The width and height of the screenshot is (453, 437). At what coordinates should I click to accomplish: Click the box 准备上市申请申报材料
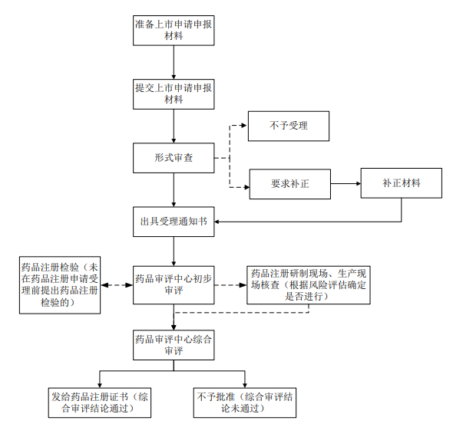(174, 31)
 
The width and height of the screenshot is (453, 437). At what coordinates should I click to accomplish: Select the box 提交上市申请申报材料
(174, 94)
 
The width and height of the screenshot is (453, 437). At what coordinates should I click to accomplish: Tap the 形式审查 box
(174, 158)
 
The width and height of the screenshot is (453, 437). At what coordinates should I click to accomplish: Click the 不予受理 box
(289, 126)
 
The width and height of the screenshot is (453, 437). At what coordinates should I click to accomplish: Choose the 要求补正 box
(290, 184)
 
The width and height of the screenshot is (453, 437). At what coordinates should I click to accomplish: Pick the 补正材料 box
(402, 183)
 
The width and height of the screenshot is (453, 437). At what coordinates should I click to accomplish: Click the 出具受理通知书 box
(174, 222)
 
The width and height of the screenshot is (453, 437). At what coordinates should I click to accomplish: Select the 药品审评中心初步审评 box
(174, 285)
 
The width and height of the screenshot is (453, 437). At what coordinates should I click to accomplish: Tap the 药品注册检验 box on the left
(60, 285)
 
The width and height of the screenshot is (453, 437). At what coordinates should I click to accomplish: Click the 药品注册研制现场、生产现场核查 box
(309, 285)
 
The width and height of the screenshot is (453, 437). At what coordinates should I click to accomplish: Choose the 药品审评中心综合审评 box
(174, 345)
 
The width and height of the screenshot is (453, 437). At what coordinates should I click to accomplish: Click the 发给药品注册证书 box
(100, 402)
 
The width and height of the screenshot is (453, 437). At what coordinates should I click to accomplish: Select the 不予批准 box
(245, 402)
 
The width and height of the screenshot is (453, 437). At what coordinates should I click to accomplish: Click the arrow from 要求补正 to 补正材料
(346, 183)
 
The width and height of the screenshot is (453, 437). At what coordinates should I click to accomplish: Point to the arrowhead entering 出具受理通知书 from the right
(217, 222)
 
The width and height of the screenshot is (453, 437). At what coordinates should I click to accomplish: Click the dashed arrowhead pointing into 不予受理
(244, 126)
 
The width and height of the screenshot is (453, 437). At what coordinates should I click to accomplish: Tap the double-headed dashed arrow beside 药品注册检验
(117, 285)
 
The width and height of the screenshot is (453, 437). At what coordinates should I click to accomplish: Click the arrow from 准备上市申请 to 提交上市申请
(174, 62)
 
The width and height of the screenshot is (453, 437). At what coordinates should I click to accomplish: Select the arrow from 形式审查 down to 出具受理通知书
(174, 190)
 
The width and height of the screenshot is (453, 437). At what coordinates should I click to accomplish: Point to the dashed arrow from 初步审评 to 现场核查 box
(230, 285)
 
